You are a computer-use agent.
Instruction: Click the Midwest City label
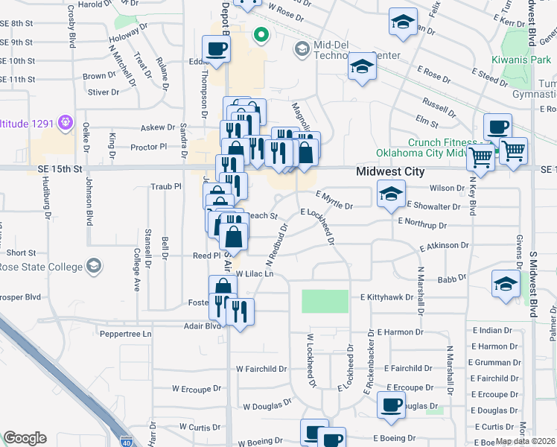(x=390, y=172)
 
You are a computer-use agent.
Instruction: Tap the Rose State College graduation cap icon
(x=95, y=266)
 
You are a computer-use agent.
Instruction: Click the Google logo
(x=25, y=438)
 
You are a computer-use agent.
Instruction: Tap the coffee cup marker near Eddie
(x=216, y=49)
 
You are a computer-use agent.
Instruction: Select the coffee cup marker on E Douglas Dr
(x=391, y=405)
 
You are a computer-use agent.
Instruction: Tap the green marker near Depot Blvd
(x=261, y=34)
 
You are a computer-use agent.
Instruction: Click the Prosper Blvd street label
(x=21, y=297)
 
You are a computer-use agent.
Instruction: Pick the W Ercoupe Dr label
(x=198, y=389)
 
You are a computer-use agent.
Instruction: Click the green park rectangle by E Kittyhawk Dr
(x=325, y=301)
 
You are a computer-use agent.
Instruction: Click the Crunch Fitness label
(x=442, y=142)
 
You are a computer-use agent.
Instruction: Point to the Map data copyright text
(x=526, y=442)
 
